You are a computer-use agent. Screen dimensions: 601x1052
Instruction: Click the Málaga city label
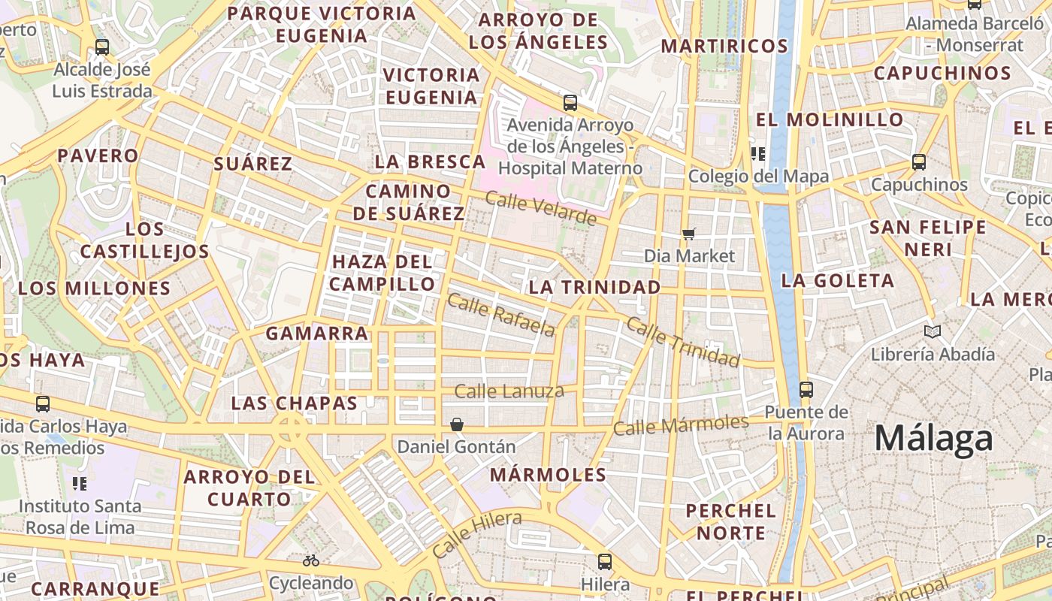(x=933, y=439)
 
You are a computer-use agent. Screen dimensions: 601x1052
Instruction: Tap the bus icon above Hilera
(x=605, y=561)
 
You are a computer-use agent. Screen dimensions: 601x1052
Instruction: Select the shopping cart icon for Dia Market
(x=689, y=234)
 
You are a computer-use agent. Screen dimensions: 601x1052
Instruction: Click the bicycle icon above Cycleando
(x=311, y=560)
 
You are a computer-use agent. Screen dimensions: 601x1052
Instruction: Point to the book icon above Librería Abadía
(x=933, y=331)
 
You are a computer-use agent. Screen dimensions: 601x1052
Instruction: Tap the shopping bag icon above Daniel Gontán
(x=456, y=424)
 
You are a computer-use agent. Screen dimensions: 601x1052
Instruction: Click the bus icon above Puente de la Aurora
(x=806, y=389)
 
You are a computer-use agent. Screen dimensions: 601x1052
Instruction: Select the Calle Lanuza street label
(x=509, y=391)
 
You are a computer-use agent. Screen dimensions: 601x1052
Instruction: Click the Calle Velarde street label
(x=540, y=208)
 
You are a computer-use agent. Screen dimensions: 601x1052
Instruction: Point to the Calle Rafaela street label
(x=501, y=315)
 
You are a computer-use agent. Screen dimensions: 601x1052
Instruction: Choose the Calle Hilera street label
(x=477, y=533)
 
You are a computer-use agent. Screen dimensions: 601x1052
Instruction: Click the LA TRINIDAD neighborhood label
(x=594, y=287)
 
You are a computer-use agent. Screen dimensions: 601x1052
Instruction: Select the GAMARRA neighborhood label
(x=317, y=333)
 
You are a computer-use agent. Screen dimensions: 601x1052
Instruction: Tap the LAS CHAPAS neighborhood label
(x=294, y=403)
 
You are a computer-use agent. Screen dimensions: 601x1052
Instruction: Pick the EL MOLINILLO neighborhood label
(x=829, y=119)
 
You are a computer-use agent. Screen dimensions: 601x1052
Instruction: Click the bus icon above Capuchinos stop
(x=918, y=162)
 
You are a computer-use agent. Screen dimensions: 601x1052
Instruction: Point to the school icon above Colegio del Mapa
(x=757, y=154)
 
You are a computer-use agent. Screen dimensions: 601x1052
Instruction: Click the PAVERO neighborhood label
(x=98, y=156)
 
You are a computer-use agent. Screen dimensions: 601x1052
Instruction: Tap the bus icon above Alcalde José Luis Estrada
(x=102, y=47)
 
